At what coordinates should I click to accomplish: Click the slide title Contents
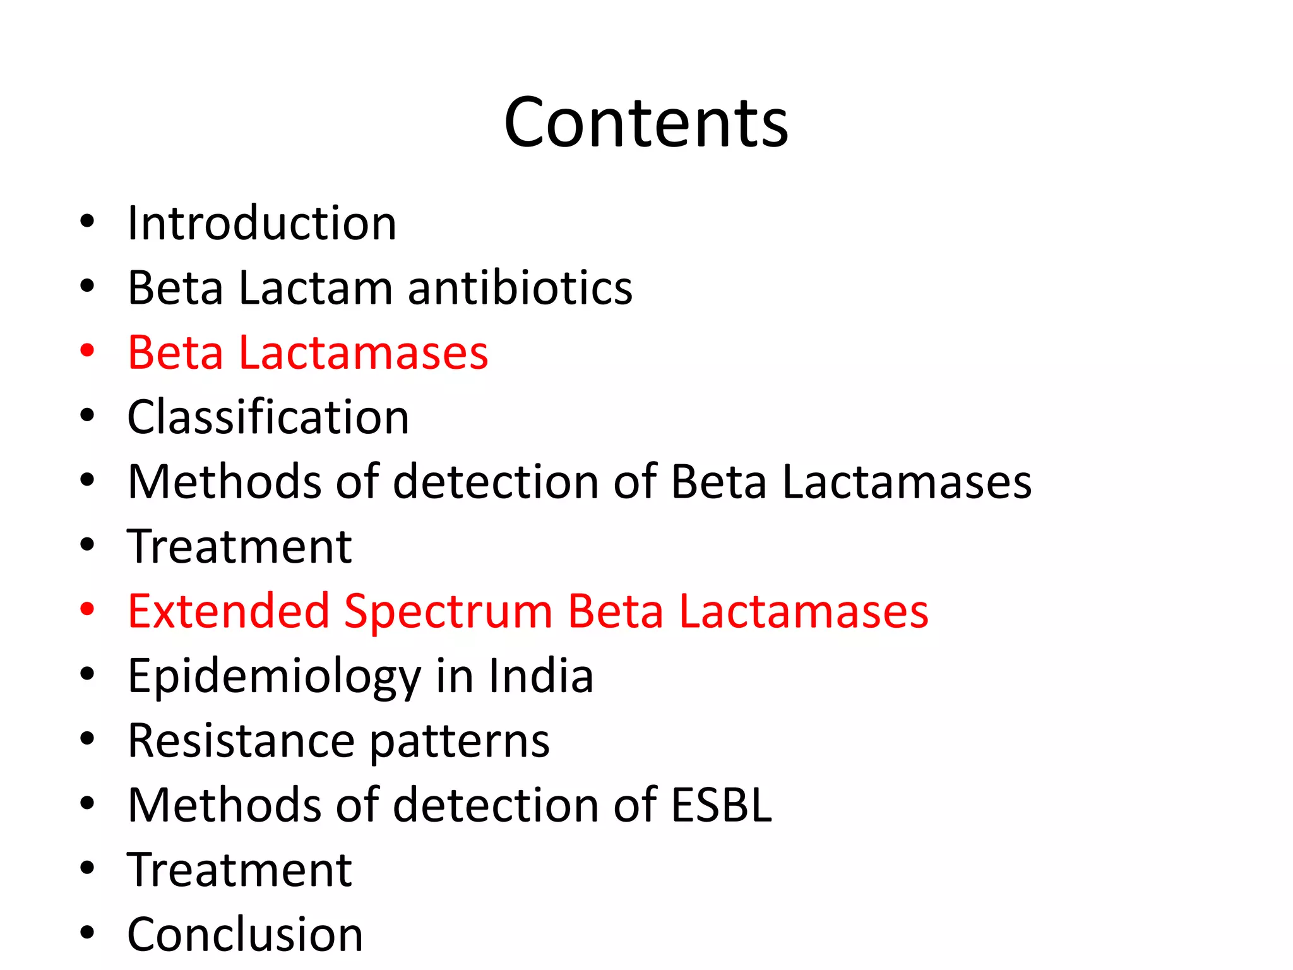646,123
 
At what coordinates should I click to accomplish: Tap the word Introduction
261,224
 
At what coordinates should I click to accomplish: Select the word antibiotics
520,288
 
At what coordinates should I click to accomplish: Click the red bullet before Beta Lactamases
87,350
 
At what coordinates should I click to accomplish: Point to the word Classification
268,417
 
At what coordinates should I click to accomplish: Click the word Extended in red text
229,611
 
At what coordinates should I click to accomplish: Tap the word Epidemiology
274,677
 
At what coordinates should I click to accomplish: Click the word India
540,676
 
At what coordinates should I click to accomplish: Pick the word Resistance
241,741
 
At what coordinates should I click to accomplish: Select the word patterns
459,742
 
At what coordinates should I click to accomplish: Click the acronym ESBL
721,805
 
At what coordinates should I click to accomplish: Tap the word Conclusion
245,935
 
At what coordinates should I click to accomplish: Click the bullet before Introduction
87,222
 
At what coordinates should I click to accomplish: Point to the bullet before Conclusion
87,933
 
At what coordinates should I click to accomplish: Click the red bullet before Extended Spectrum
87,609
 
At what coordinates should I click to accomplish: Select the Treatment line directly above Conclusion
239,870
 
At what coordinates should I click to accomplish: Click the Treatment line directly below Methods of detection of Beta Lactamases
239,547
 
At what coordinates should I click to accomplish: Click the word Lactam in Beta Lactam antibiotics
316,288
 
